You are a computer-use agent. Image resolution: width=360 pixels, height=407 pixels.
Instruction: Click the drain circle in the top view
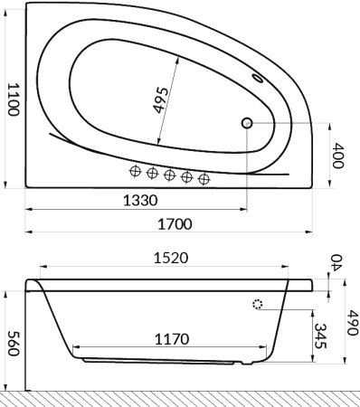pos(247,123)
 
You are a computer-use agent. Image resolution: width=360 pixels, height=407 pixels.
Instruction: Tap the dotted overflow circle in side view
pos(259,305)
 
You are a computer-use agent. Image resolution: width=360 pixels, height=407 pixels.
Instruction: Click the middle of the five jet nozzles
pos(170,174)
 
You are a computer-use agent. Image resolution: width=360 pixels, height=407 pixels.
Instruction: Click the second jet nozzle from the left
pos(152,173)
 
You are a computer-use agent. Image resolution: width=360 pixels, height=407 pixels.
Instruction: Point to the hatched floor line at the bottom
pos(180,399)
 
